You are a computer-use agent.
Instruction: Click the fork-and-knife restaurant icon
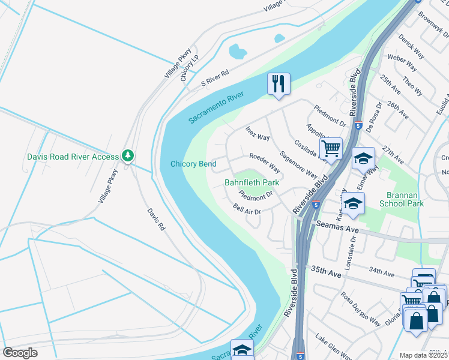click(279, 84)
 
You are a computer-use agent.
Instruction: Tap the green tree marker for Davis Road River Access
click(127, 156)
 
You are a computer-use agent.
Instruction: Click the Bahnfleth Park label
click(252, 182)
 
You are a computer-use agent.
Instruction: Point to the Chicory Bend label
click(193, 164)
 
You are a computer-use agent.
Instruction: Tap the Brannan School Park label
click(402, 199)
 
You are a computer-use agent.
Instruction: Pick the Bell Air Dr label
click(247, 209)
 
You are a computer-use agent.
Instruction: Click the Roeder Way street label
click(266, 161)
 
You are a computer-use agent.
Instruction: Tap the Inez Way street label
click(258, 133)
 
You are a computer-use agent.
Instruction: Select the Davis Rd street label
click(155, 220)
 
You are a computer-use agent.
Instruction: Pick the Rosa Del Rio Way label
click(361, 308)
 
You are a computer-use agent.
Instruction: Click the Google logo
click(20, 353)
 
